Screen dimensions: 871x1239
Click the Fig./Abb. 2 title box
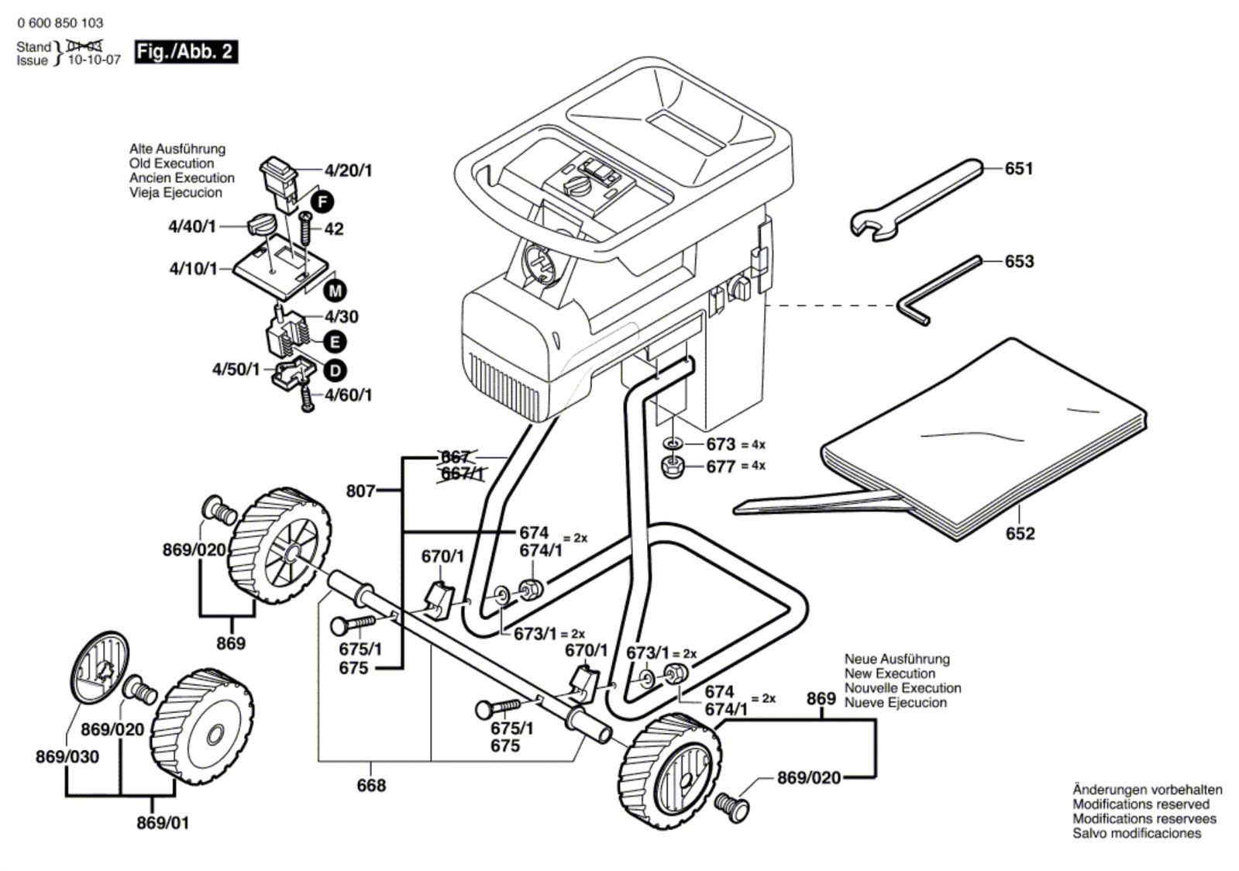tap(186, 52)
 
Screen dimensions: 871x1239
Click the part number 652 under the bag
tap(1020, 534)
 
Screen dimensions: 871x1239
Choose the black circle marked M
tap(335, 291)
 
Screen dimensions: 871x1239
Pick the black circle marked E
tap(335, 342)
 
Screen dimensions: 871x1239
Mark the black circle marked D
tap(335, 370)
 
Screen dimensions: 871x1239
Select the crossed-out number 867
tap(455, 457)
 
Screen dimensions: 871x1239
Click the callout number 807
tap(360, 491)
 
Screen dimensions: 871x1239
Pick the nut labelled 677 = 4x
tap(672, 467)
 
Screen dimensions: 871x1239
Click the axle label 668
tap(371, 786)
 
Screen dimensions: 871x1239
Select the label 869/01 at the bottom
tap(163, 823)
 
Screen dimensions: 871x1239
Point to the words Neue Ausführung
tap(897, 659)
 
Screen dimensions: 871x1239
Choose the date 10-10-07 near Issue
tap(95, 60)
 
